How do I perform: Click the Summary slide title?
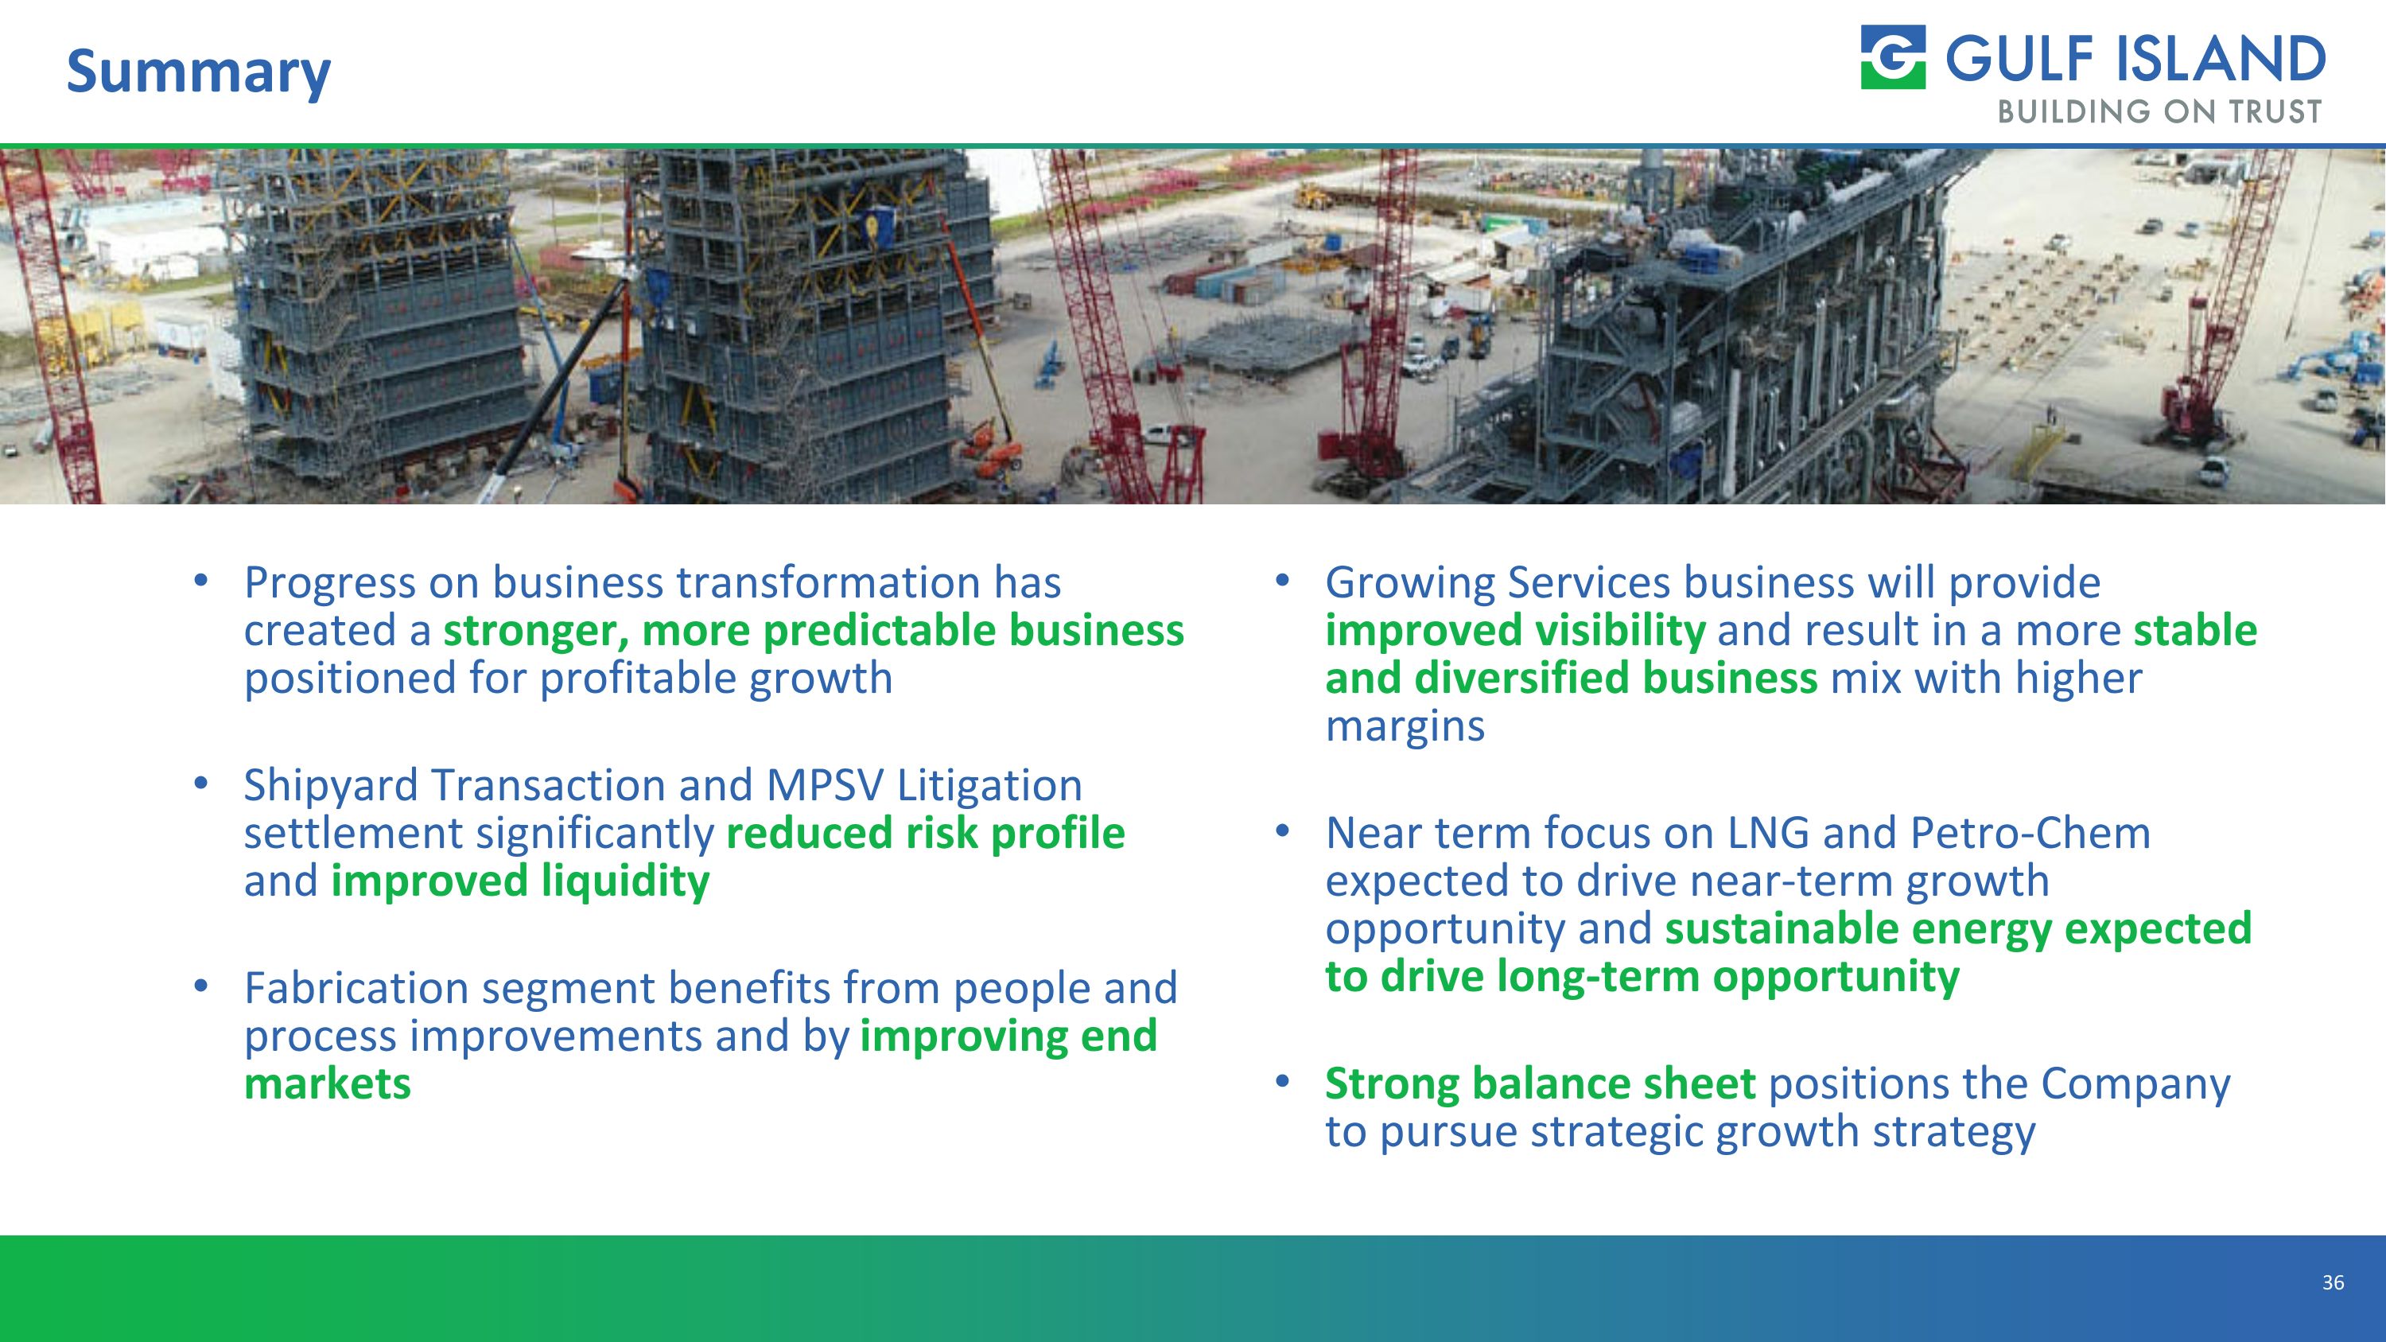tap(198, 72)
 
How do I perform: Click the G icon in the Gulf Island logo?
tap(1892, 57)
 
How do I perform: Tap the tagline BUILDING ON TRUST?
tap(2159, 112)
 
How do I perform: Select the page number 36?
tap(2332, 1282)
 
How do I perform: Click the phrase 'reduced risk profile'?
tap(924, 833)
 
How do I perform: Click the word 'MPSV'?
tap(824, 785)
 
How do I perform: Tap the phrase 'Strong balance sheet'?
tap(1540, 1083)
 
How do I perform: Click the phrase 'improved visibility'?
tap(1514, 631)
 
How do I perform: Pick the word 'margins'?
tap(1405, 725)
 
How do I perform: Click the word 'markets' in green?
tap(327, 1083)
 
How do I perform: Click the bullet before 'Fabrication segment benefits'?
tap(201, 986)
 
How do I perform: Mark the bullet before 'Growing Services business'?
tap(1282, 581)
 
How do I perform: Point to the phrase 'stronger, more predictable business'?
tap(812, 631)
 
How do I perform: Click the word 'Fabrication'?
tap(356, 988)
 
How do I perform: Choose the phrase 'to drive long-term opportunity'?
tap(1642, 976)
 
